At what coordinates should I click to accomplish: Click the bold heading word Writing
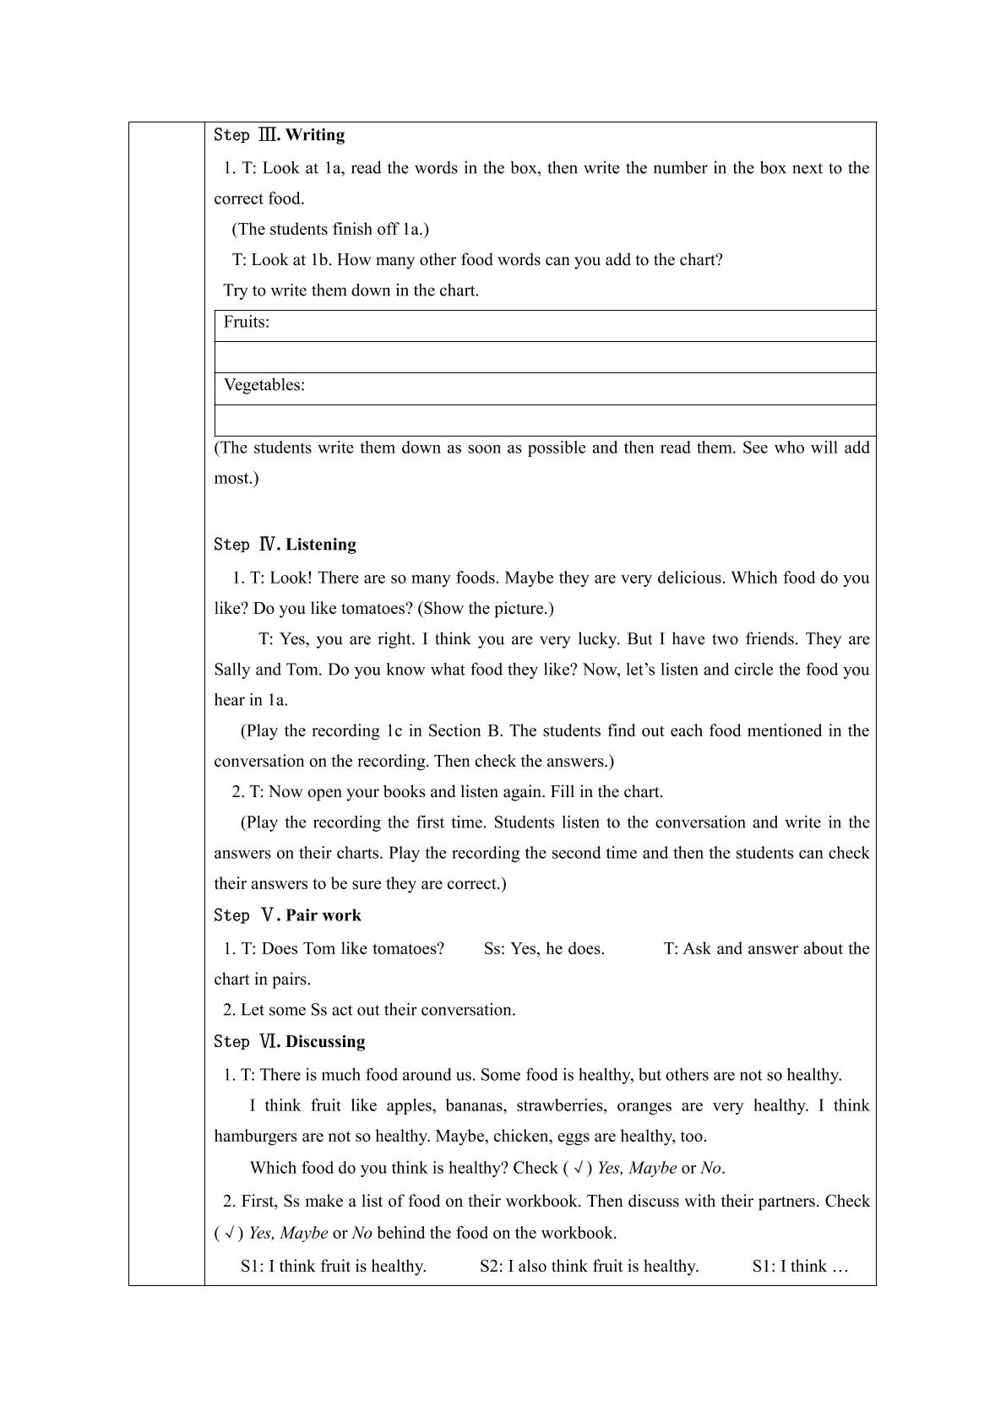[315, 135]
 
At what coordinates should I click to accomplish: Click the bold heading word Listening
[321, 545]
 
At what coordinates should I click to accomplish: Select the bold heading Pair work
[324, 915]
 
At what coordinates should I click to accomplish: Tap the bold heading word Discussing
[325, 1041]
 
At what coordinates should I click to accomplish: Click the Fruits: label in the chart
[247, 322]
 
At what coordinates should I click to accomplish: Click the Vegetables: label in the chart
[264, 385]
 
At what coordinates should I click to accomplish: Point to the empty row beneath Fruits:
[545, 357]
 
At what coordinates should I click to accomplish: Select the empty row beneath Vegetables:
[545, 420]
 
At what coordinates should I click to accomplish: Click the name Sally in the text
[232, 670]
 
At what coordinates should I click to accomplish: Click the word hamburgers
[256, 1136]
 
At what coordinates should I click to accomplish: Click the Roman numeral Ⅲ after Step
[269, 135]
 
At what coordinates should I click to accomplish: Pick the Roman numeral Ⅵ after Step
[269, 1041]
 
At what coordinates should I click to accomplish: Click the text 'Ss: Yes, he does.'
[544, 948]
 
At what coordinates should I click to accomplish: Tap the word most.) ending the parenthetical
[237, 478]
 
